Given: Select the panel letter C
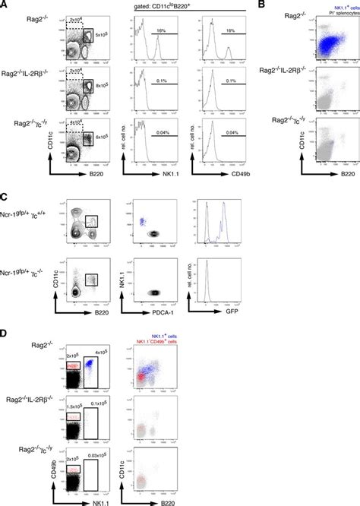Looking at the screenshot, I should pos(5,194).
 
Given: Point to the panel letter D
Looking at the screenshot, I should pos(5,332).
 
